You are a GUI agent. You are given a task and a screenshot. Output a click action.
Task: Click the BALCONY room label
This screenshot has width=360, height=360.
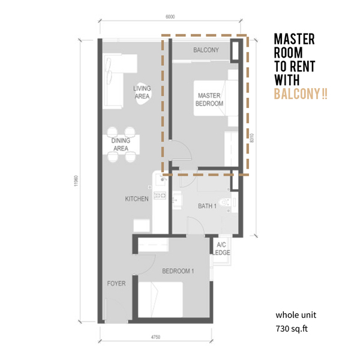tap(206, 50)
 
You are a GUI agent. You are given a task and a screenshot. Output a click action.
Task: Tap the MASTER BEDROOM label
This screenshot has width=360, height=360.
tap(209, 100)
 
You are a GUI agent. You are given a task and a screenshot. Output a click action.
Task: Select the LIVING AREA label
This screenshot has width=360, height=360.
tap(142, 92)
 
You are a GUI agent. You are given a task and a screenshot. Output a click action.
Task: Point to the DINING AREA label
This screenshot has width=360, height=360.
tap(121, 145)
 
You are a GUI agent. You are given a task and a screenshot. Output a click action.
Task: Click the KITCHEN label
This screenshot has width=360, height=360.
tap(137, 199)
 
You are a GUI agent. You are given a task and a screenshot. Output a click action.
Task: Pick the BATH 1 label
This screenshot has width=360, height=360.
tap(207, 206)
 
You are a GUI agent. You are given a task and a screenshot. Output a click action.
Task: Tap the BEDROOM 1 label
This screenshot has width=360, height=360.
tap(178, 271)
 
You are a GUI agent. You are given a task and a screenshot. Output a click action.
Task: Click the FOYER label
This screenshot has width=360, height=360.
tap(116, 283)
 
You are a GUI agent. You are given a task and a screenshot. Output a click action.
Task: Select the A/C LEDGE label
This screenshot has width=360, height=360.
tap(221, 248)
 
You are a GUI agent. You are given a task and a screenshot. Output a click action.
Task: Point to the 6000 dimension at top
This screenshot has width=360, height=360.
tap(170, 17)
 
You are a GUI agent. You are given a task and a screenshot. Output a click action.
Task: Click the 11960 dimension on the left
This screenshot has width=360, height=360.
tap(76, 181)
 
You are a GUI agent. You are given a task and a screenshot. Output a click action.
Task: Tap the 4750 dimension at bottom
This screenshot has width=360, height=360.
tap(155, 337)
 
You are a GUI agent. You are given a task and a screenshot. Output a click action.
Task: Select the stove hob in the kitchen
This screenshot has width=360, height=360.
tap(160, 196)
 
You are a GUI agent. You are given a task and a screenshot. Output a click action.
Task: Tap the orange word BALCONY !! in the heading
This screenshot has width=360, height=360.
tap(301, 94)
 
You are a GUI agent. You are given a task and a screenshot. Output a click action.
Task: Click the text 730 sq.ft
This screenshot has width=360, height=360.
tap(292, 329)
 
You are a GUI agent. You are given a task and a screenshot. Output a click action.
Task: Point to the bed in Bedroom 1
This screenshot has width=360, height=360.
tap(160, 299)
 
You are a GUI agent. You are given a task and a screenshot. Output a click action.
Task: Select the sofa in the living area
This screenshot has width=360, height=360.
tap(113, 81)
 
